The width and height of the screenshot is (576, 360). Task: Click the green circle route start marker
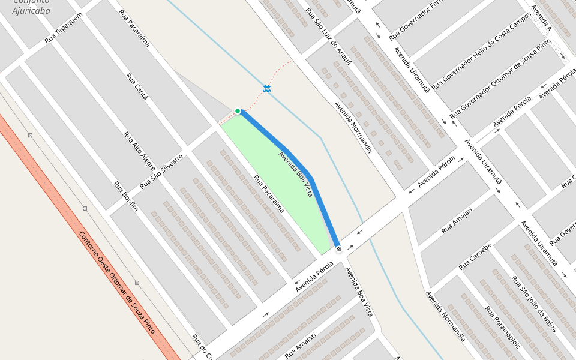pos(238,111)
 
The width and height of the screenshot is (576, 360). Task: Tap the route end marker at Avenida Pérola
pos(339,248)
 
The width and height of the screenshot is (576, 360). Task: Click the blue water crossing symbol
pos(267,89)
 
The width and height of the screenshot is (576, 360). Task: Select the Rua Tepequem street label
pos(63,28)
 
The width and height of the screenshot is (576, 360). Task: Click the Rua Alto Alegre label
pos(140,151)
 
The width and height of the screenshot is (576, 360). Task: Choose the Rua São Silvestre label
pos(161,171)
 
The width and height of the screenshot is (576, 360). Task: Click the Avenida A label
pos(541,19)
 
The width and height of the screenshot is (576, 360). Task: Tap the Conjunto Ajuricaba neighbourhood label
pos(31,7)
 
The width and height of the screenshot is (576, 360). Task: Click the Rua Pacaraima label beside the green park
pos(268,194)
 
